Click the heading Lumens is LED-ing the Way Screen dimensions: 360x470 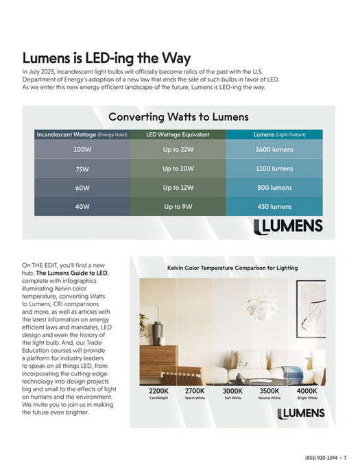[x=106, y=59]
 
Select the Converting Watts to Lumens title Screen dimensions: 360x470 [x=178, y=117]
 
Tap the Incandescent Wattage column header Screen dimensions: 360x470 [x=82, y=134]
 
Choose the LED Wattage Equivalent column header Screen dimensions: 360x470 [x=178, y=134]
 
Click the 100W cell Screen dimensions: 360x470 [x=82, y=149]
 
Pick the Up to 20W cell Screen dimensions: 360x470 [x=178, y=169]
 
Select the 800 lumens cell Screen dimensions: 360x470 [x=274, y=188]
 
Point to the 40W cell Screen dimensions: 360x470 [x=82, y=206]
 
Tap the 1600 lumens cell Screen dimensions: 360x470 [x=274, y=149]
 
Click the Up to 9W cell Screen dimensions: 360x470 [x=178, y=206]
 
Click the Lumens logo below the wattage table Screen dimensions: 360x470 [x=287, y=227]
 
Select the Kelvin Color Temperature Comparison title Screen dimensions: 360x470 [x=232, y=268]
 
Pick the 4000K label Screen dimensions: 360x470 [x=307, y=391]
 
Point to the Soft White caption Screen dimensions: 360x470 [x=232, y=398]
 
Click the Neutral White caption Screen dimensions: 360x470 [x=269, y=398]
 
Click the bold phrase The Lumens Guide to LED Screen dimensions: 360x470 [x=71, y=273]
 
